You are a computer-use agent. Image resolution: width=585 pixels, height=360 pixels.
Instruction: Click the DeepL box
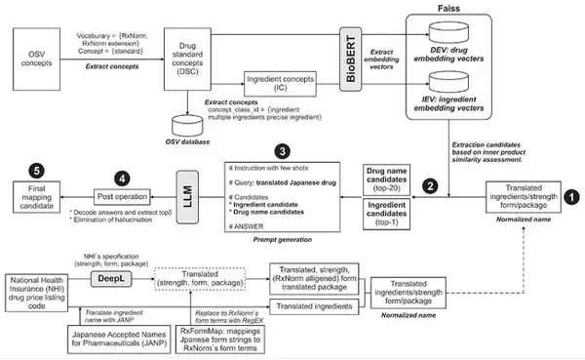(108, 277)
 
